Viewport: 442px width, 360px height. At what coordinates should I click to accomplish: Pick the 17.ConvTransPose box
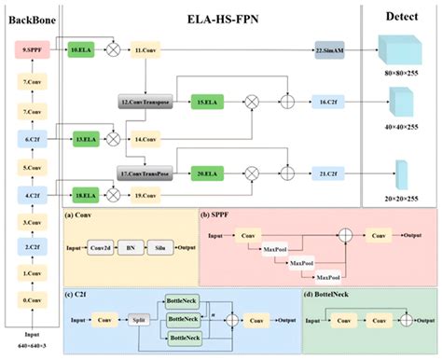tap(142, 173)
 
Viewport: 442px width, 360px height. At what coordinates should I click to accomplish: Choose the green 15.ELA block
tap(201, 100)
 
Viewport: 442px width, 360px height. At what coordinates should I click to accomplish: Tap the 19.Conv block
tap(145, 194)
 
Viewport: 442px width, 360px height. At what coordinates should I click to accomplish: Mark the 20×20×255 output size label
tap(401, 199)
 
